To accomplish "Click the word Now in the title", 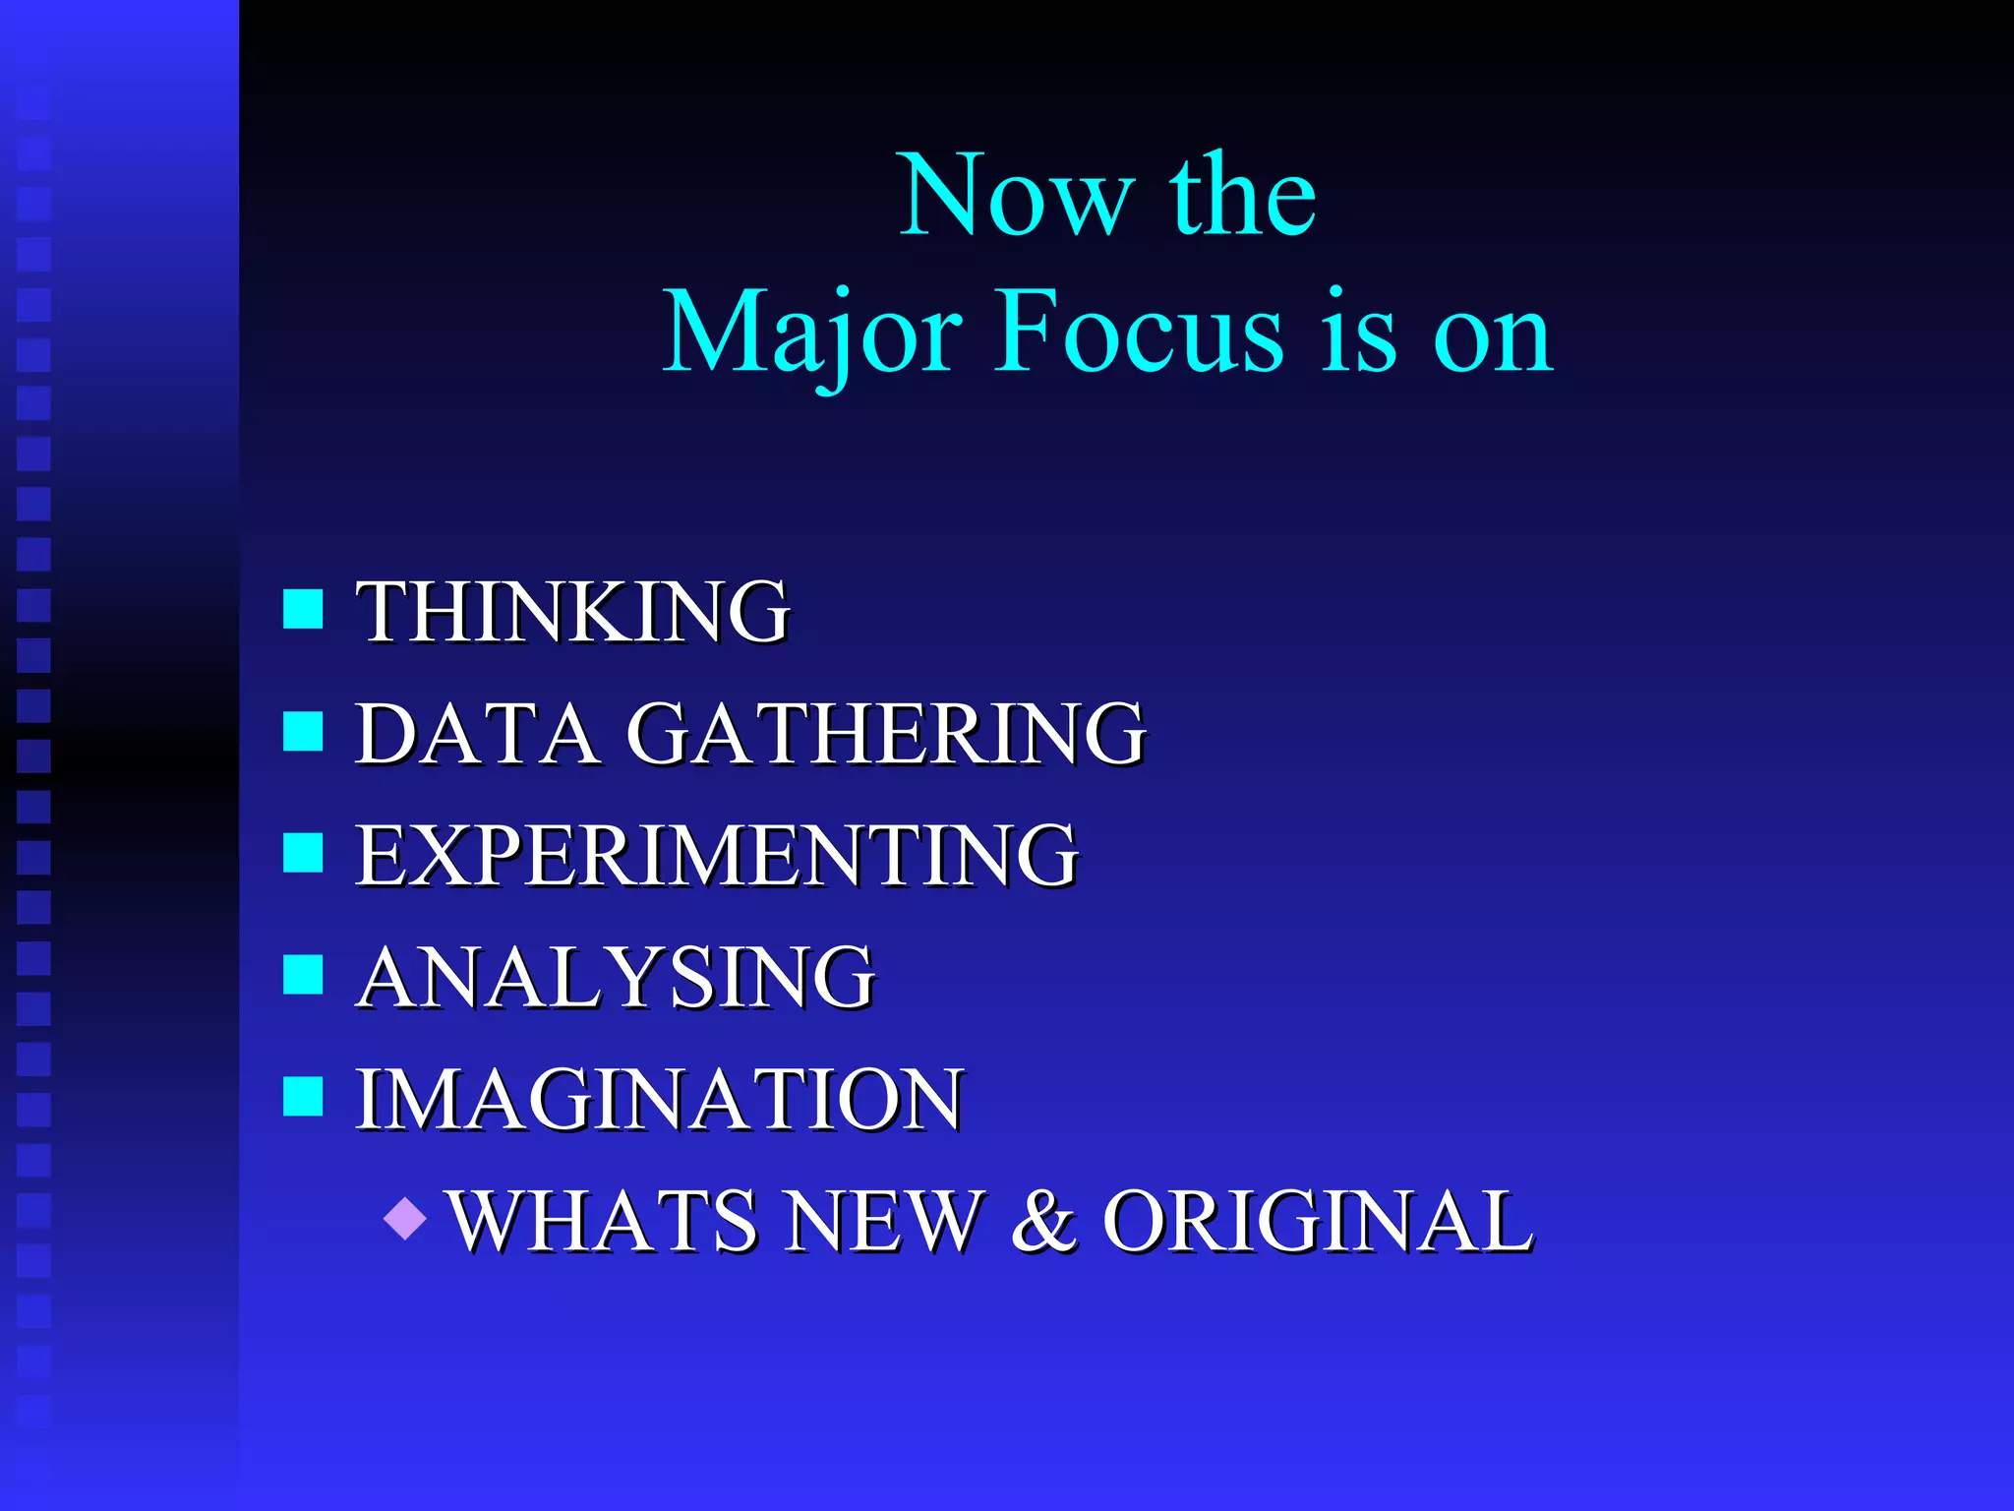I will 1017,196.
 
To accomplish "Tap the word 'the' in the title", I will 1243,196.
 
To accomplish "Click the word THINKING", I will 572,612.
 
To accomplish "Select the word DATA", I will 476,734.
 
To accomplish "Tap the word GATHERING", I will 886,734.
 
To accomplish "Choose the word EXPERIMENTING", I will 717,856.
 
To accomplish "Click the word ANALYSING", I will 616,978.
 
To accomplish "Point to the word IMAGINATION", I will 659,1100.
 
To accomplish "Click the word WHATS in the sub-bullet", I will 603,1222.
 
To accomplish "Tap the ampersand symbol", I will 1043,1222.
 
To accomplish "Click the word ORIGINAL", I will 1317,1222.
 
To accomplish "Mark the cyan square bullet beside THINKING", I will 303,609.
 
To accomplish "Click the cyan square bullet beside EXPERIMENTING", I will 303,853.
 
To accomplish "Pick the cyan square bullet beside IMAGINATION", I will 303,1097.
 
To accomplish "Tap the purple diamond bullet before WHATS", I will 405,1219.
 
